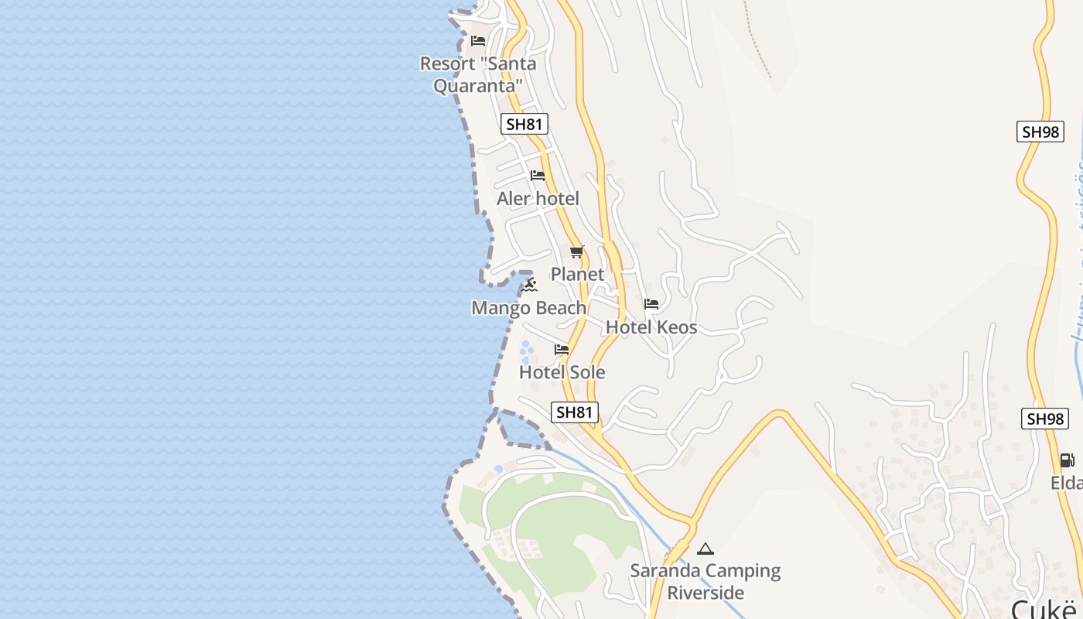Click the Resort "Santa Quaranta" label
[x=477, y=74]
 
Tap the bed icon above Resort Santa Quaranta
[x=478, y=41]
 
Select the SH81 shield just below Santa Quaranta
[x=524, y=124]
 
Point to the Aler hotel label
[x=538, y=199]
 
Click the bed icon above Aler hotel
[x=538, y=176]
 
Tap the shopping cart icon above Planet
[x=577, y=252]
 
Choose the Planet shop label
[x=577, y=274]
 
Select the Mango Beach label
[x=529, y=308]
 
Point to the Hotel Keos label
[x=651, y=327]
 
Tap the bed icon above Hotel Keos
[x=651, y=305]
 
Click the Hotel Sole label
[x=562, y=372]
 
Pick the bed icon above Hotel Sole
[x=562, y=351]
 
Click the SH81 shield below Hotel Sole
[x=575, y=412]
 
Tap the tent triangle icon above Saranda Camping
[x=705, y=549]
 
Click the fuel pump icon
[x=1067, y=460]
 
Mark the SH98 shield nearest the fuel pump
[x=1044, y=419]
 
